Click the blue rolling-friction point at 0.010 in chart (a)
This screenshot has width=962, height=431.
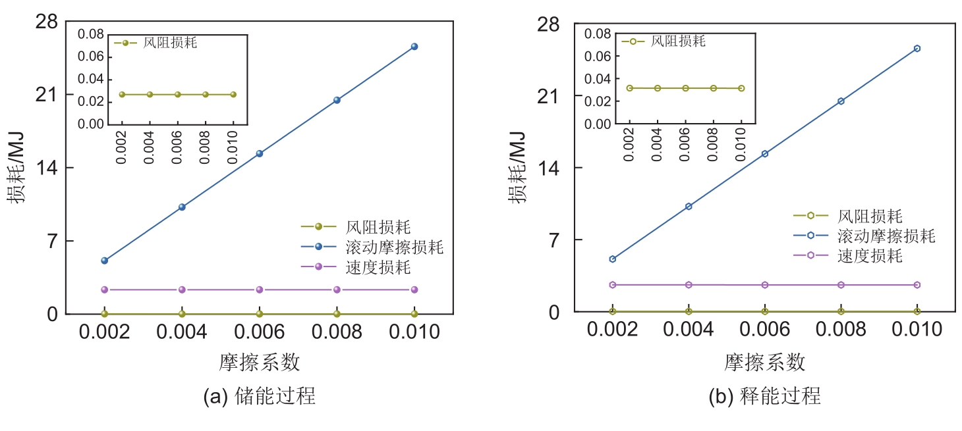(414, 46)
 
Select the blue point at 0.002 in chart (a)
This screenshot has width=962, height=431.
(104, 261)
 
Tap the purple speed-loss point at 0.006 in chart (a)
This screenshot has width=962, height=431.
(259, 290)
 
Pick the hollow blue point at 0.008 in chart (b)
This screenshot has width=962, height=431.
(841, 101)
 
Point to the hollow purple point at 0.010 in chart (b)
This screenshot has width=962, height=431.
(917, 285)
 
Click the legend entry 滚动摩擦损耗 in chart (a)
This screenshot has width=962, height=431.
(394, 247)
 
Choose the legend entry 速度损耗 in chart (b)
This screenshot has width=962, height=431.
(870, 255)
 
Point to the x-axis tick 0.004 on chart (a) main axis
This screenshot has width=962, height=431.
(182, 332)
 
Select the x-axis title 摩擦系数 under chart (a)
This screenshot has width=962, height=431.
(259, 362)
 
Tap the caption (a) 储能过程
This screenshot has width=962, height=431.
(259, 396)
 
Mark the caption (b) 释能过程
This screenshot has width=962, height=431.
(764, 396)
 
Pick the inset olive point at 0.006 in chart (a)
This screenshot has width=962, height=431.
(177, 94)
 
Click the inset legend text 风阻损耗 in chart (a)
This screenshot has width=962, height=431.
(170, 43)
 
